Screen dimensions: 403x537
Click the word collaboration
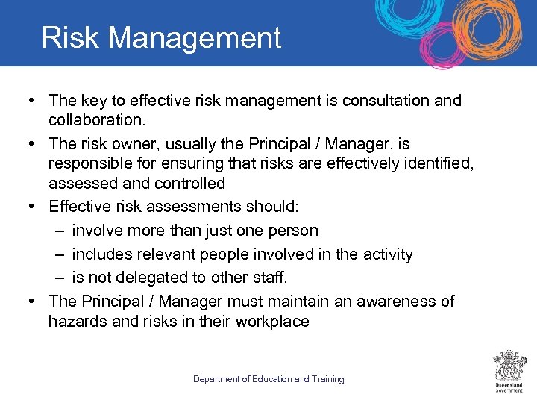click(x=95, y=119)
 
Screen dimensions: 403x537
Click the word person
click(x=293, y=231)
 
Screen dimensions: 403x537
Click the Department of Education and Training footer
click(x=268, y=379)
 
